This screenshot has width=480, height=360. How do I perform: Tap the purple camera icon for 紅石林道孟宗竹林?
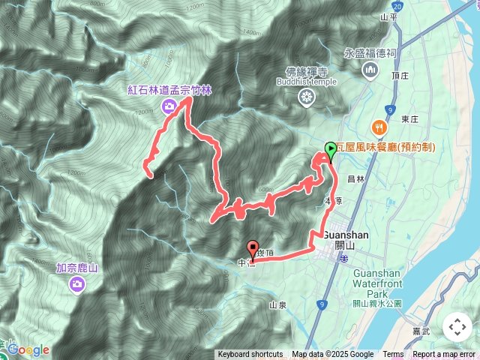point(169,106)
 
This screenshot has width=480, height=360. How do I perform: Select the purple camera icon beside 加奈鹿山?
point(77,283)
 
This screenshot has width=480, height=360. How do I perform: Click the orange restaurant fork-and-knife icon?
point(380,128)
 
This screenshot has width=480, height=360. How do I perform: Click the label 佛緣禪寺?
point(307,73)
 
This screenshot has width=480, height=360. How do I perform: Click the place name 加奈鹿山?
point(77,268)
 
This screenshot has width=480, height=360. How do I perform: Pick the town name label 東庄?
point(409,119)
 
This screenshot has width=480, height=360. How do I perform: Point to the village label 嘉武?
point(421,329)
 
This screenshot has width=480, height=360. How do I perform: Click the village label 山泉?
point(277,305)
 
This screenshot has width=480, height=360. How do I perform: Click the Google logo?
point(28,350)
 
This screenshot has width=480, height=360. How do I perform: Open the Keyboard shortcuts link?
point(250,355)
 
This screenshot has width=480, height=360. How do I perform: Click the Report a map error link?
point(444,355)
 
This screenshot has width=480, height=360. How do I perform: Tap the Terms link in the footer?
point(393,355)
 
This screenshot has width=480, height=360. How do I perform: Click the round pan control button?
point(457,327)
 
